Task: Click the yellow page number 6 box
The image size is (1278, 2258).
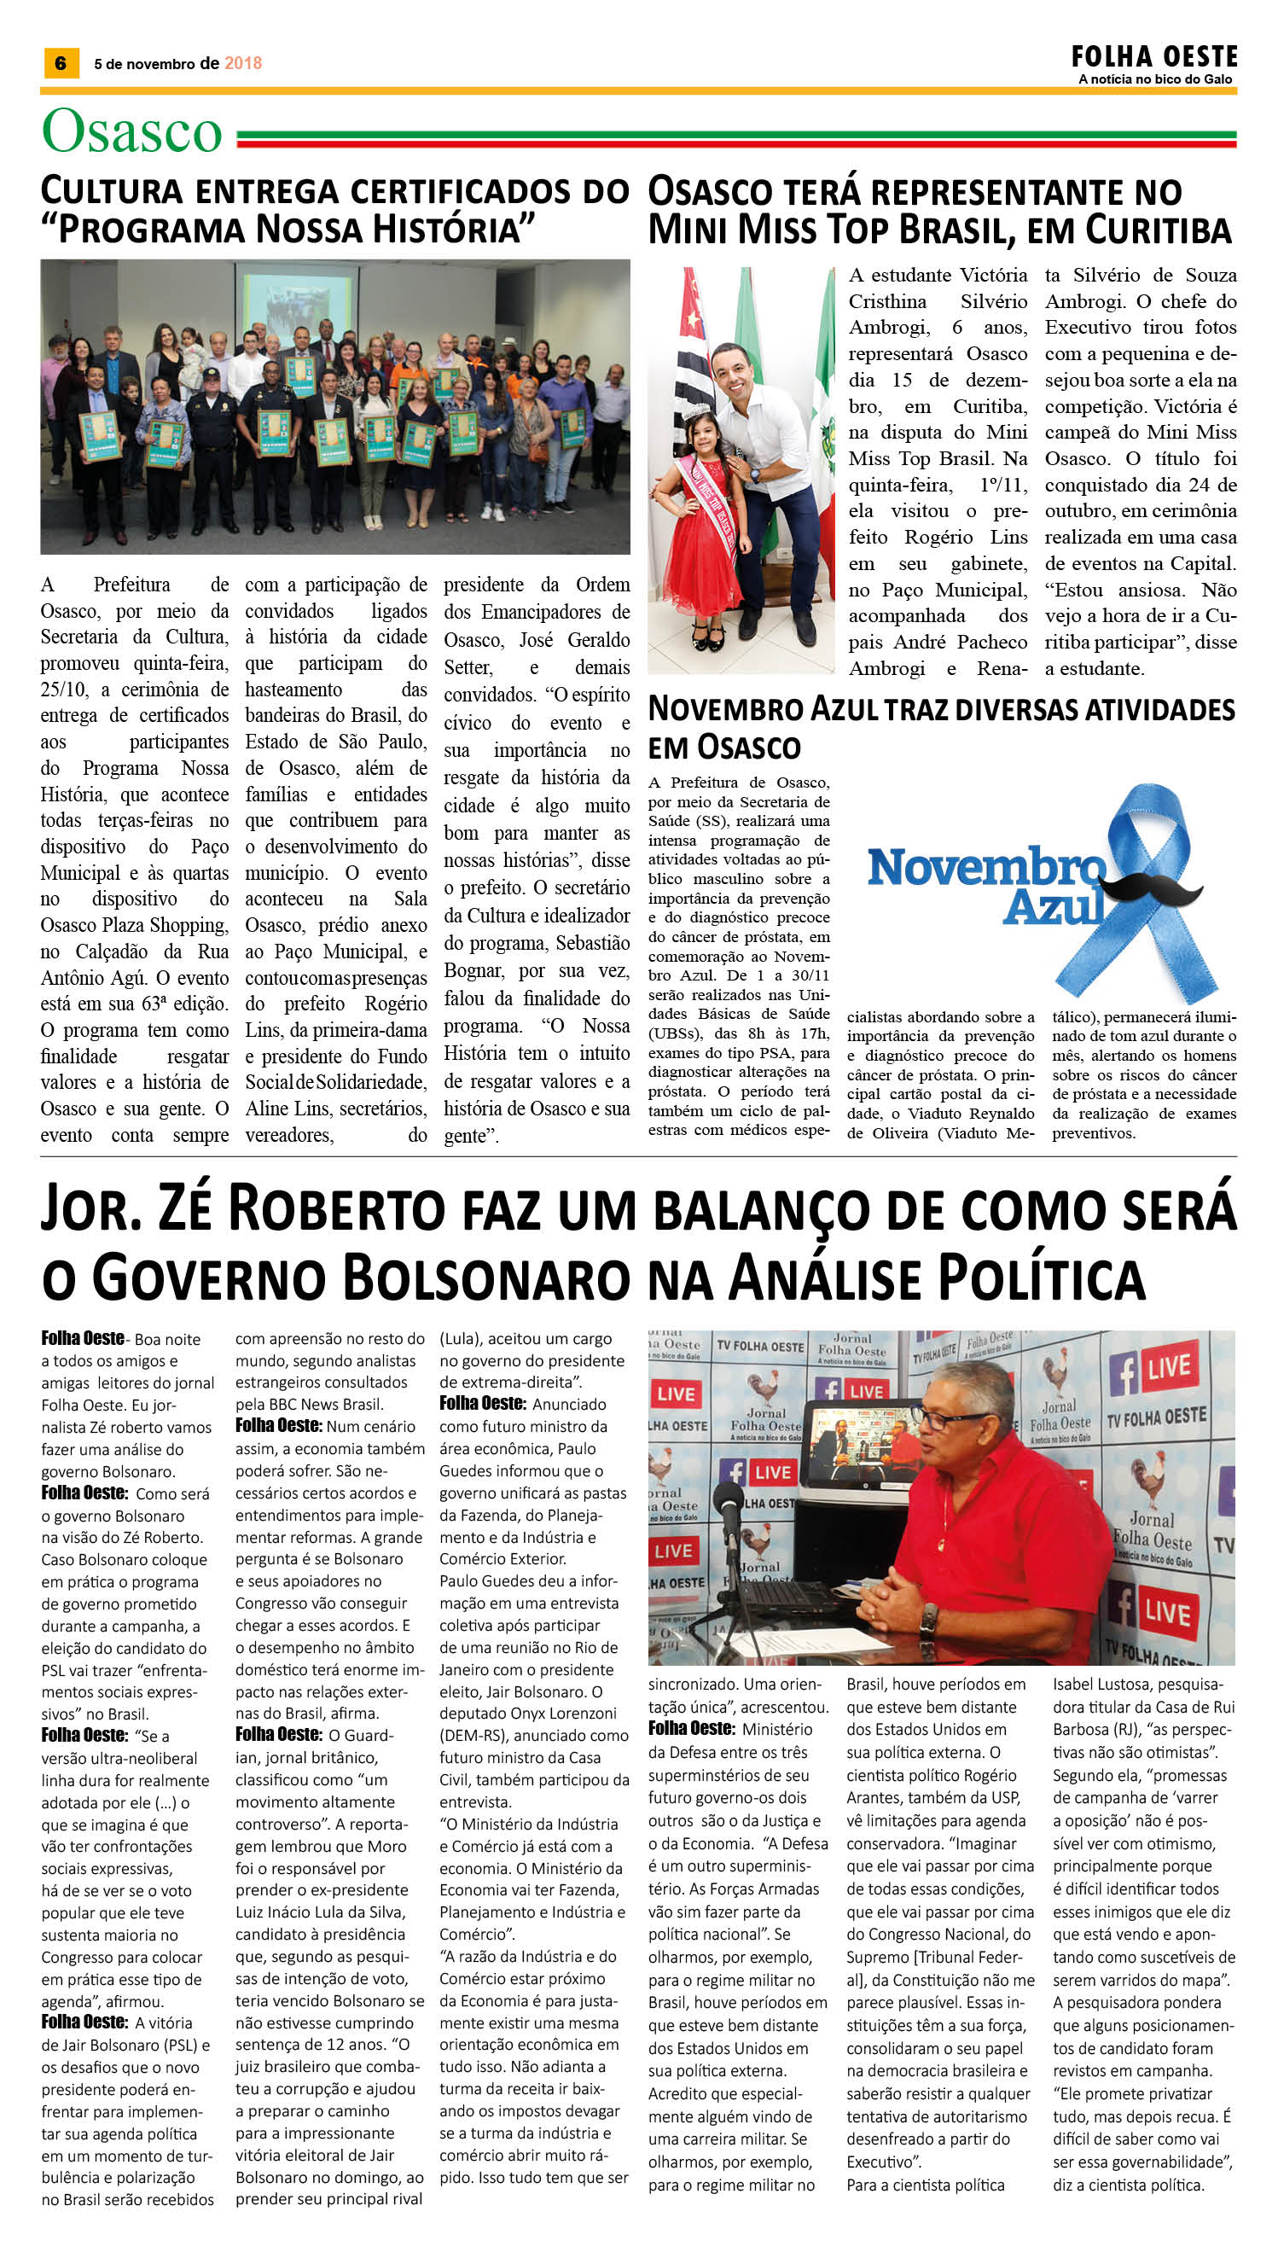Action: point(61,63)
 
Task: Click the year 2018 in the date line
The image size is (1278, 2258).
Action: point(243,63)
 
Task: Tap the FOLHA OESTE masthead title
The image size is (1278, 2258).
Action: point(1153,57)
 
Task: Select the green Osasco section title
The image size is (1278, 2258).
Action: point(131,131)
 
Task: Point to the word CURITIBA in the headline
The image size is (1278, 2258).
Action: point(1159,230)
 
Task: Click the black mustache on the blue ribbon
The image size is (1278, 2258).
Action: point(1160,888)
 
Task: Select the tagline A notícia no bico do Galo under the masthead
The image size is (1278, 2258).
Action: point(1155,79)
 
